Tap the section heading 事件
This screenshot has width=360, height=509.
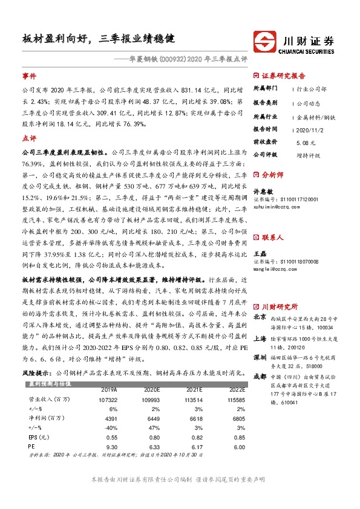29,76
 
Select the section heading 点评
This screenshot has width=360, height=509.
29,138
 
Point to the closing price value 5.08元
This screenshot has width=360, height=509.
306,142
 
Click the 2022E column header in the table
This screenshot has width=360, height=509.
236,391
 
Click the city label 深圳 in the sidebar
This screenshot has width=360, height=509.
260,357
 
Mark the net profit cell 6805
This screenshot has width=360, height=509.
236,418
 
